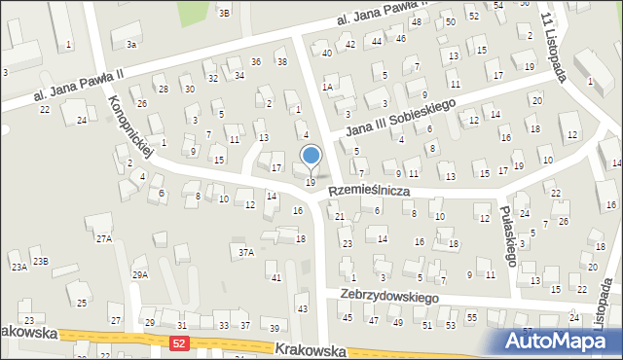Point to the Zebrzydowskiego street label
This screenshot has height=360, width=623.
coord(389,295)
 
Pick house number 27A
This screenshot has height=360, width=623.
coord(103,238)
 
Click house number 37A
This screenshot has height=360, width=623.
coord(247,253)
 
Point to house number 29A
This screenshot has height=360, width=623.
coord(140,275)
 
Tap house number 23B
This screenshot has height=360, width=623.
coord(40,261)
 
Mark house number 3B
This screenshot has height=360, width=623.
coord(224,13)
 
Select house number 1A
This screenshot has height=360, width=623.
coord(328,88)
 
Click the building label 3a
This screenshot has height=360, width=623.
coord(130,45)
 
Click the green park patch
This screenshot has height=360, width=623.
coord(198,12)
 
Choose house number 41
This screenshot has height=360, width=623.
coord(276,278)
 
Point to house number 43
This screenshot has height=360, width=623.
coord(303,309)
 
